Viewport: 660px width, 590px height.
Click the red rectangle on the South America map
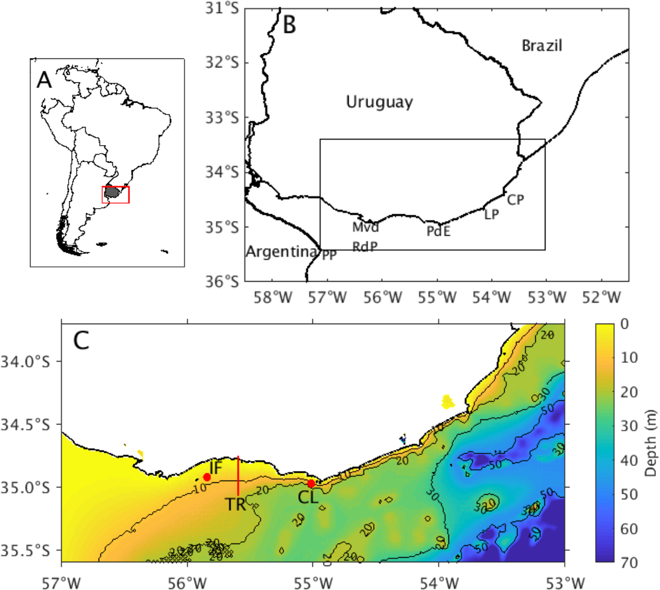coord(116,194)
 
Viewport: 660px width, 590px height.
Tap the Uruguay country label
coord(379,103)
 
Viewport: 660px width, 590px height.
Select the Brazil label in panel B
coord(542,45)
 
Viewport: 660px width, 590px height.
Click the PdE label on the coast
coord(439,231)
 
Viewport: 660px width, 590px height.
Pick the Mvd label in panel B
coord(365,228)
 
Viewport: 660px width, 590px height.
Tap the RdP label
coord(365,247)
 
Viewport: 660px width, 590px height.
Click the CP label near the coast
coord(515,200)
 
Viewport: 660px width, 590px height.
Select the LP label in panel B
coord(492,215)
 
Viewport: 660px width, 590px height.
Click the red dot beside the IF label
coord(207,477)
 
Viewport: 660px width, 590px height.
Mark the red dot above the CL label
coord(311,483)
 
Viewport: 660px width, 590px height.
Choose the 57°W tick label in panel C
coord(61,580)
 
